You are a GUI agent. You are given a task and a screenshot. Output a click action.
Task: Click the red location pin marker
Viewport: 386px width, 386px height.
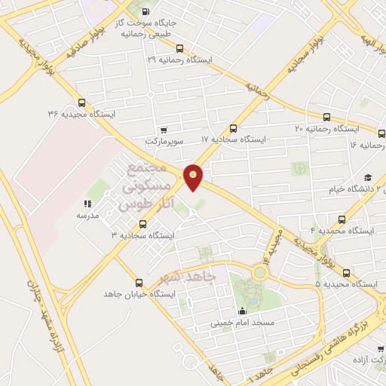(x=194, y=177)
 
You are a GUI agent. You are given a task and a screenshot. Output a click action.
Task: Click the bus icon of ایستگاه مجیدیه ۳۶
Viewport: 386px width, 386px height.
(x=81, y=103)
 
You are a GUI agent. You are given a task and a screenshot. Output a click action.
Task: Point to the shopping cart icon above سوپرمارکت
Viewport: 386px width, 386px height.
(x=164, y=130)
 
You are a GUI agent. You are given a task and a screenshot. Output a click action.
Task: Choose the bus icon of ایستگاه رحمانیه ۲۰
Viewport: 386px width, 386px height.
(x=326, y=117)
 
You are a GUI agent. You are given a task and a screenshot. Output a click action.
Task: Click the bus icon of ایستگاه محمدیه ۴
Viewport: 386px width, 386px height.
(x=342, y=219)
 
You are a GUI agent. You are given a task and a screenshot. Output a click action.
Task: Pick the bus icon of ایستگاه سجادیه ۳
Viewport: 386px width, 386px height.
(x=143, y=224)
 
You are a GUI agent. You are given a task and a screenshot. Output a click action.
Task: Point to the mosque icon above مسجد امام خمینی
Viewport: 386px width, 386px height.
(x=241, y=311)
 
